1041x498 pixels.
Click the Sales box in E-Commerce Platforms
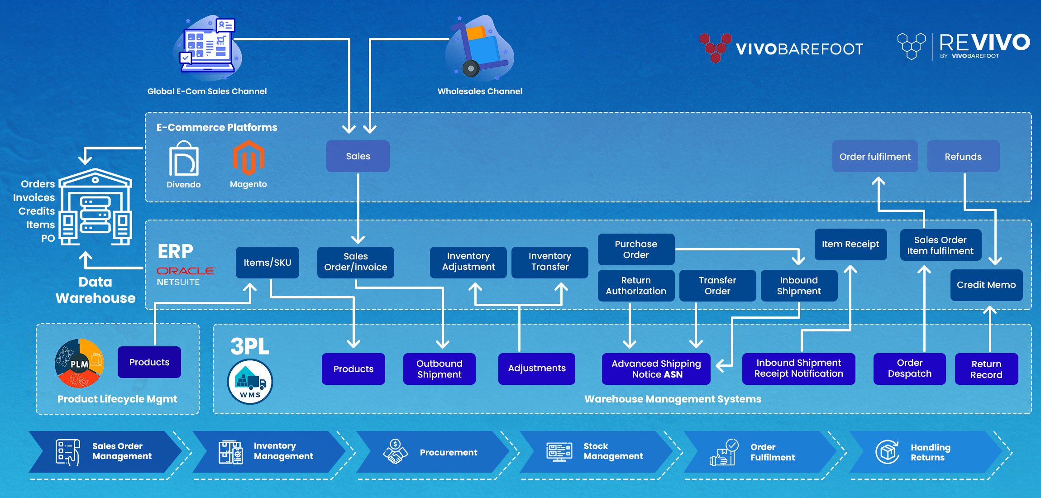tap(358, 156)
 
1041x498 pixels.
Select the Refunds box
tap(963, 157)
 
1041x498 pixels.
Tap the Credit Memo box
tap(986, 285)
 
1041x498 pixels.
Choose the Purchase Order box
tap(636, 249)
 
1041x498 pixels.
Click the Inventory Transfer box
tap(549, 262)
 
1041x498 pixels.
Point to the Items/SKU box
tap(267, 263)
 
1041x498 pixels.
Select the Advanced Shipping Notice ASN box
tap(656, 369)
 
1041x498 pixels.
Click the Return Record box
tap(986, 369)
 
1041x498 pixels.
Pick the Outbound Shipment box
tap(439, 369)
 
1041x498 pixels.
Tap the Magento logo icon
tap(248, 158)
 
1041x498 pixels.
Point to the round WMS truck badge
tap(250, 382)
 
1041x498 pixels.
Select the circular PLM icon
tap(79, 363)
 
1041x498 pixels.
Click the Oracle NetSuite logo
tap(185, 276)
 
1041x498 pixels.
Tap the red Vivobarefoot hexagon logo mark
tap(715, 47)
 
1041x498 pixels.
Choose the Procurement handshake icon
tap(395, 452)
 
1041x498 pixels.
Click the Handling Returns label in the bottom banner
tap(930, 452)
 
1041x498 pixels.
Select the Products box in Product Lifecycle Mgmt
tap(149, 362)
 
